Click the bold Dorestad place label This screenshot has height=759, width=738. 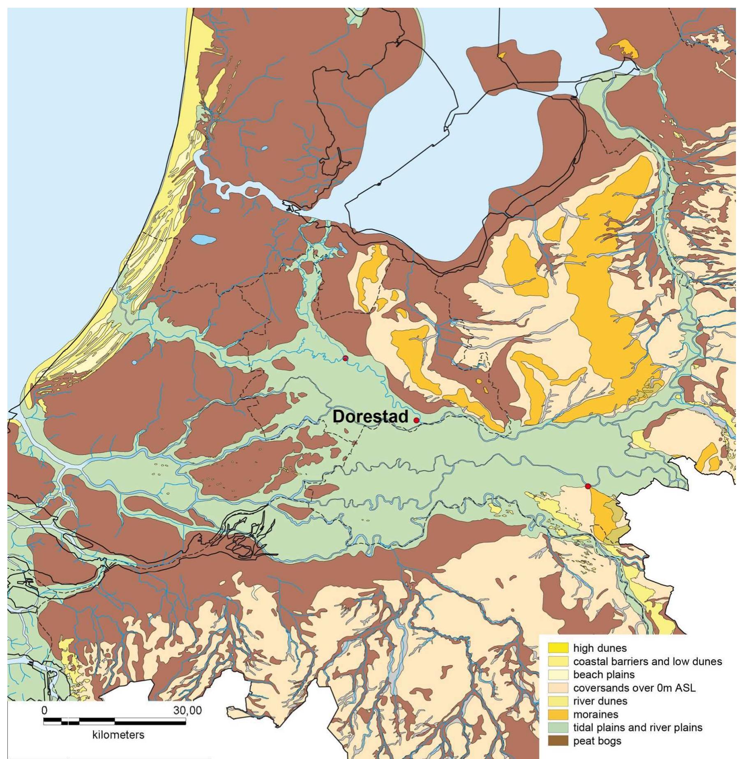pyautogui.click(x=370, y=416)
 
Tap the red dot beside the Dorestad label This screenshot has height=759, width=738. pyautogui.click(x=416, y=420)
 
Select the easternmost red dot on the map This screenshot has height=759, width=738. pyautogui.click(x=588, y=486)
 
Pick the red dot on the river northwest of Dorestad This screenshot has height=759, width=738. pyautogui.click(x=345, y=358)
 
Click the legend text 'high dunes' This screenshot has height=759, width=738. pyautogui.click(x=600, y=648)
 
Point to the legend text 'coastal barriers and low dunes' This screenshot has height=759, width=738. pyautogui.click(x=647, y=661)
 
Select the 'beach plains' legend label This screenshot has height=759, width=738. pyautogui.click(x=604, y=674)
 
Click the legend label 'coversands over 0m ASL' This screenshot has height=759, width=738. pyautogui.click(x=634, y=687)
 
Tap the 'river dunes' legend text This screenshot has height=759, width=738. pyautogui.click(x=600, y=701)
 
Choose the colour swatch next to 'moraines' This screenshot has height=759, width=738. pyautogui.click(x=558, y=714)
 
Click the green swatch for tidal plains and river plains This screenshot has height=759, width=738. pyautogui.click(x=558, y=727)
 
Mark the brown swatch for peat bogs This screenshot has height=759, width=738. pyautogui.click(x=558, y=741)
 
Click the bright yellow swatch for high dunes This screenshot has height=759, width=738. pyautogui.click(x=558, y=648)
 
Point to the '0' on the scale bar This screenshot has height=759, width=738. pyautogui.click(x=44, y=710)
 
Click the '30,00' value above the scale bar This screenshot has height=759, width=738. pyautogui.click(x=187, y=710)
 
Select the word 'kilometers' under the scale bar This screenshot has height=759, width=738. pyautogui.click(x=118, y=734)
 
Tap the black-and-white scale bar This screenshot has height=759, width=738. pyautogui.click(x=114, y=721)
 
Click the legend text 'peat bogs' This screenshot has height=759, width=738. pyautogui.click(x=597, y=741)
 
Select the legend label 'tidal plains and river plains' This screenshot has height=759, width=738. pyautogui.click(x=637, y=727)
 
